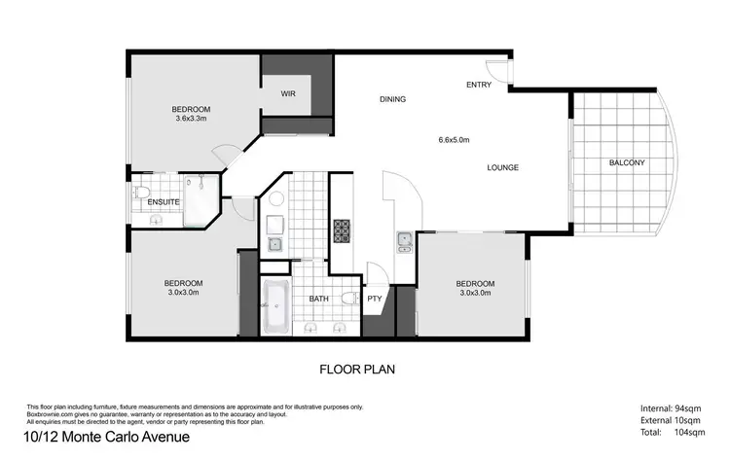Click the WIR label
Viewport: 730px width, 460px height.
click(288, 94)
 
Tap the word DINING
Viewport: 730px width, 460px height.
click(392, 99)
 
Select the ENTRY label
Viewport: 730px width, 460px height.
click(479, 86)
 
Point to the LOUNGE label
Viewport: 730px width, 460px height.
click(502, 167)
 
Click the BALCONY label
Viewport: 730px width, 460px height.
click(627, 162)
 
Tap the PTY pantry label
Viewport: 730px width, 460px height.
click(375, 299)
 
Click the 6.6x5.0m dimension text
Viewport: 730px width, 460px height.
click(454, 140)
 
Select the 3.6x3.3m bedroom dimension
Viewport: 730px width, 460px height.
click(192, 119)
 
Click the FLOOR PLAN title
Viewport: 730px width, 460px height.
click(357, 370)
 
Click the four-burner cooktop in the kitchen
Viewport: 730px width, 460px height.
click(343, 231)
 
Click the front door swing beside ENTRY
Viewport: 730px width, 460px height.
click(495, 70)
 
